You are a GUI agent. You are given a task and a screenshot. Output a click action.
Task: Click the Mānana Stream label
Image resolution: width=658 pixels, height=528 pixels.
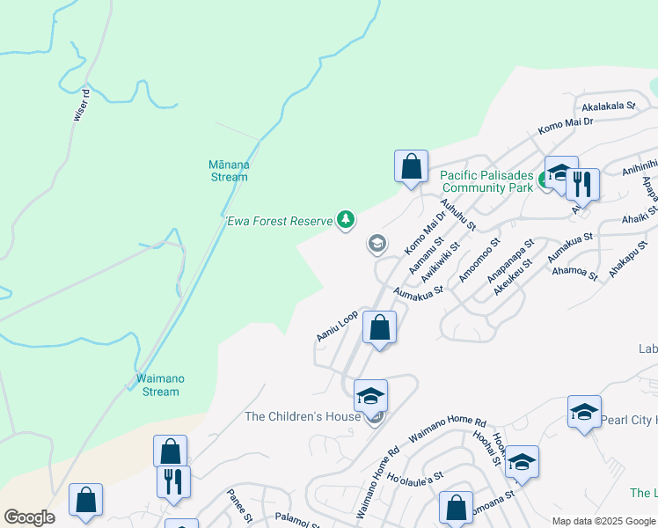point(229,171)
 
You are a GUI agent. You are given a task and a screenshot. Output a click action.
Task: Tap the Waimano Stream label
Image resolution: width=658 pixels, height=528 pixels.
point(160,385)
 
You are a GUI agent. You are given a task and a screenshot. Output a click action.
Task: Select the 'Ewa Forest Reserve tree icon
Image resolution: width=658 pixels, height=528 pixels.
point(347,220)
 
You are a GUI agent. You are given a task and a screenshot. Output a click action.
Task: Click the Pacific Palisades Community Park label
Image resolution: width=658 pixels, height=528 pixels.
point(486,181)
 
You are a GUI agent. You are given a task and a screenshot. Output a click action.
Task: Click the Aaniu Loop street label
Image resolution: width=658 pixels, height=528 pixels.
point(337,326)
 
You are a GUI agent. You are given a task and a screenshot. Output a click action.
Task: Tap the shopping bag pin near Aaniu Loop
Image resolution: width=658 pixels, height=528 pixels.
point(379,328)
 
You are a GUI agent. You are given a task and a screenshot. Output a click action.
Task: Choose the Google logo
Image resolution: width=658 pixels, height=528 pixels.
point(30,517)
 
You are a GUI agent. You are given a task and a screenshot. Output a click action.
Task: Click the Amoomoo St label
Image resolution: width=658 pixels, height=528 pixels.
point(479,260)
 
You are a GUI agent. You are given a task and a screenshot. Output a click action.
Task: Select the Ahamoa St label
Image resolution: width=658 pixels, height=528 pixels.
point(574,275)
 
